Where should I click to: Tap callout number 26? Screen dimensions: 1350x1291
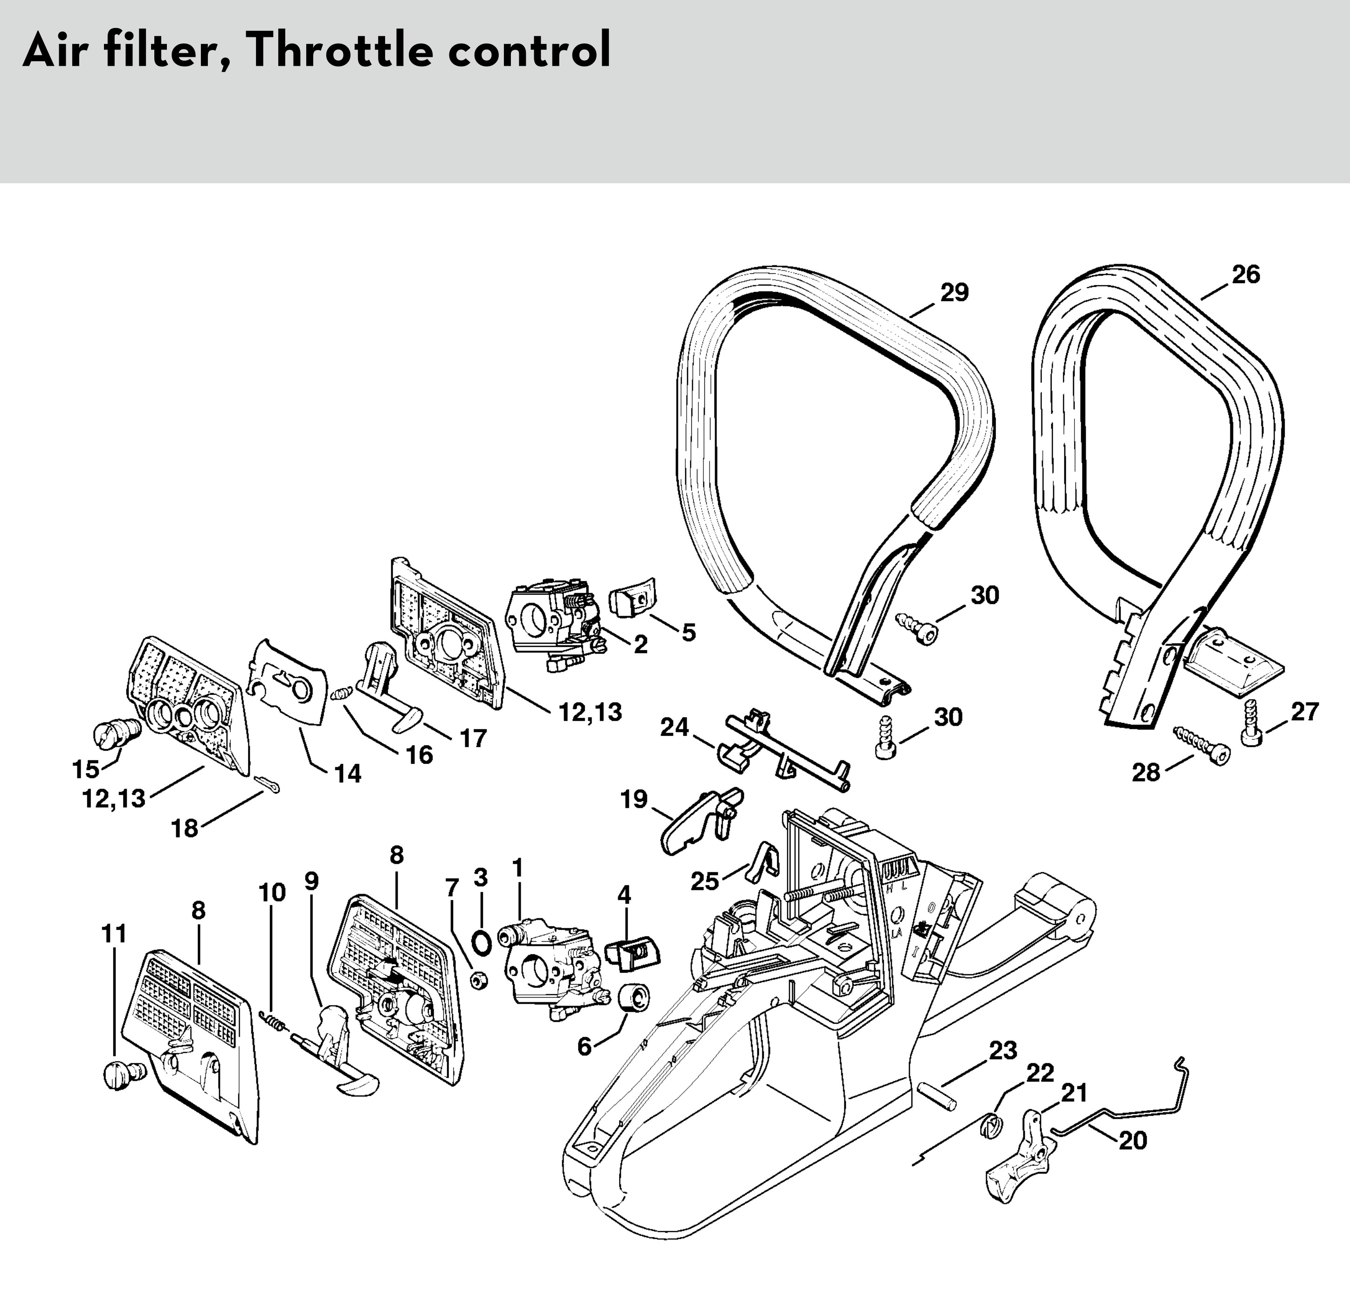(1246, 275)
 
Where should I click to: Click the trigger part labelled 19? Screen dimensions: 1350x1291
(702, 819)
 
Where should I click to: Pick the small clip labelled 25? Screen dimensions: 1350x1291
(762, 861)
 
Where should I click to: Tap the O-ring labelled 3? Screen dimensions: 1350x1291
(483, 942)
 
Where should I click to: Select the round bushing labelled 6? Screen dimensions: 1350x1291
(634, 999)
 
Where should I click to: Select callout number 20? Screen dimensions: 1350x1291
(1133, 1140)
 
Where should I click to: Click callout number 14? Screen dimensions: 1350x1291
(348, 773)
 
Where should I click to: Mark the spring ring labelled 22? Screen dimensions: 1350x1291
(990, 1128)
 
